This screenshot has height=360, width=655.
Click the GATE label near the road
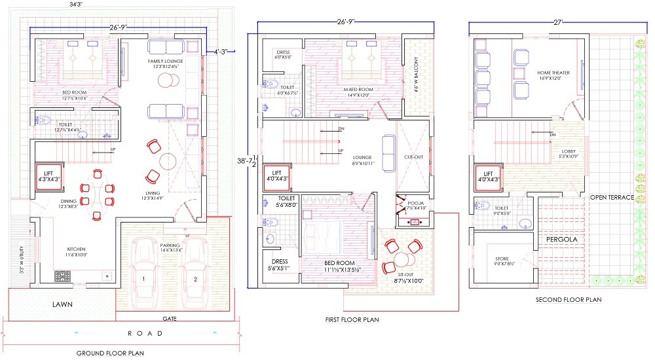pos(170,319)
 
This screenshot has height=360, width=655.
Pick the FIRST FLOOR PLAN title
pos(352,319)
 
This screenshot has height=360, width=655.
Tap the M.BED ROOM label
pos(359,90)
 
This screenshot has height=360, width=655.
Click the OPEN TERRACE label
pos(612,197)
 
